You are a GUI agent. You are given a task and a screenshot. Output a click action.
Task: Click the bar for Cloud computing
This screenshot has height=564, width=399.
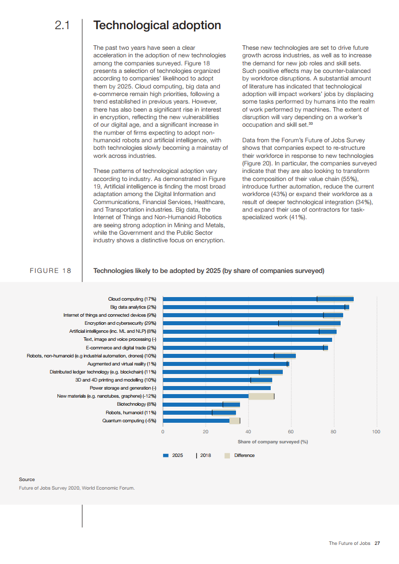(x=258, y=299)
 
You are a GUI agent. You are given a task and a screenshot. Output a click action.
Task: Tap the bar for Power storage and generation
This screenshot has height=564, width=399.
(x=217, y=388)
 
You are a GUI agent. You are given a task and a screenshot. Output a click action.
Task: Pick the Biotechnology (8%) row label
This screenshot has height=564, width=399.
(x=136, y=404)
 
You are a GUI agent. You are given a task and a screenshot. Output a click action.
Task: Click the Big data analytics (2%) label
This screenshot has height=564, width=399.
(x=133, y=307)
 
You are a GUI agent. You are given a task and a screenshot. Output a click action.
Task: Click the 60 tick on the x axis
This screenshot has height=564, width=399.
(x=291, y=432)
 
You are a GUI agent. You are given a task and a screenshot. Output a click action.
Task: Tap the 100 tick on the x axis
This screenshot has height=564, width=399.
(x=376, y=432)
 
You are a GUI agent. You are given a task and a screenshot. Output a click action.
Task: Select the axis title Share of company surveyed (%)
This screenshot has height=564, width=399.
(x=273, y=442)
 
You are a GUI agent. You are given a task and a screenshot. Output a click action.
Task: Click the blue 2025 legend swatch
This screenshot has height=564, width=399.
(x=166, y=455)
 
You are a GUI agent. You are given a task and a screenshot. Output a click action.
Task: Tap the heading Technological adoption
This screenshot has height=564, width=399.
(x=157, y=25)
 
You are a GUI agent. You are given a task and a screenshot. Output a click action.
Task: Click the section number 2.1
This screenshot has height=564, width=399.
(x=62, y=25)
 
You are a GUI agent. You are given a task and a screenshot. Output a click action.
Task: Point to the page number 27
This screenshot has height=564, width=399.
(x=377, y=543)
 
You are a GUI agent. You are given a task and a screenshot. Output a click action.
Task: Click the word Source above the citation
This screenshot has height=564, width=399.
(x=27, y=480)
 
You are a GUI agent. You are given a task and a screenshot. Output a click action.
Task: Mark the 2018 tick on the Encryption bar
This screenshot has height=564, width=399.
(x=278, y=323)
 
